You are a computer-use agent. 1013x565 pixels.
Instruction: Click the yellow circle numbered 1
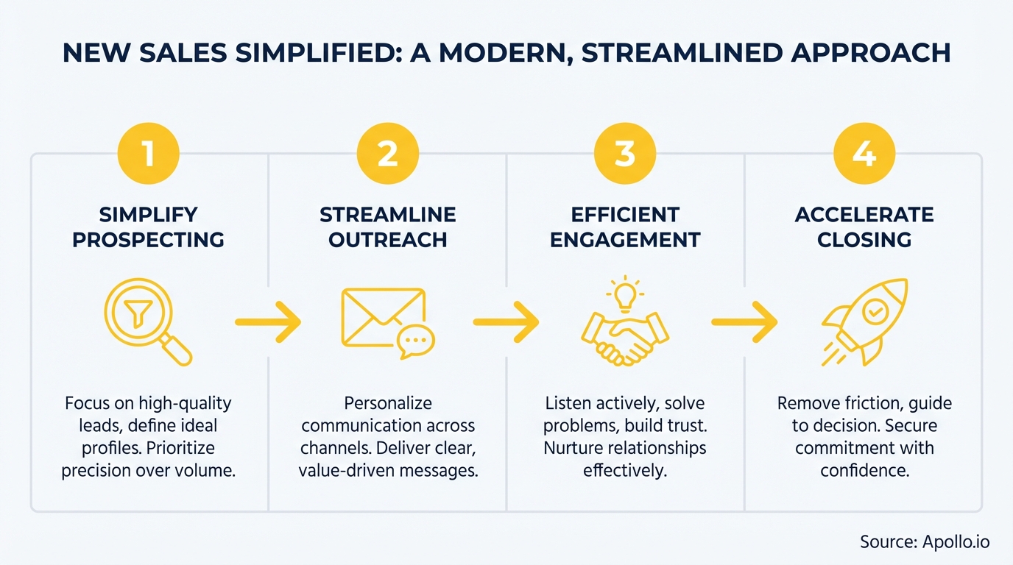pos(149,154)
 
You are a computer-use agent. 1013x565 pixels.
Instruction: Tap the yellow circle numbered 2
pos(387,154)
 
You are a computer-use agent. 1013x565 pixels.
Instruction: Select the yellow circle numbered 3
pos(625,154)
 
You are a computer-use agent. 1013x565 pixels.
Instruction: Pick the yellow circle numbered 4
pos(864,154)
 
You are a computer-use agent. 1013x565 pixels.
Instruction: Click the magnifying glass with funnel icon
pos(147,321)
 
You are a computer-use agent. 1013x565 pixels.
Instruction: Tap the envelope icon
pos(383,318)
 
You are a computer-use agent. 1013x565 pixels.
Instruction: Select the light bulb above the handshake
pos(625,294)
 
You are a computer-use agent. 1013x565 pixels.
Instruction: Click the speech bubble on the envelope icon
pos(417,341)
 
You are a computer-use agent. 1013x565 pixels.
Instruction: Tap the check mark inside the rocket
pos(874,313)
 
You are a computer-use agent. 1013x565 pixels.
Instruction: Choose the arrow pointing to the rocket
pos(744,321)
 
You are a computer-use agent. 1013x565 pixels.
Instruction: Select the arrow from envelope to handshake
pos(506,321)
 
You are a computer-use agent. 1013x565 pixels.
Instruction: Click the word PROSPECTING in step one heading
pos(148,241)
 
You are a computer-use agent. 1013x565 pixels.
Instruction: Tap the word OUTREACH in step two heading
pos(387,241)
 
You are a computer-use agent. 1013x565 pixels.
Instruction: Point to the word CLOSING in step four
pos(864,241)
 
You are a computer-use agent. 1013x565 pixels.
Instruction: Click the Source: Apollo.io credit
pos(925,542)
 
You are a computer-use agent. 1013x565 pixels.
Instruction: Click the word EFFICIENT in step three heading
pos(625,215)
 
